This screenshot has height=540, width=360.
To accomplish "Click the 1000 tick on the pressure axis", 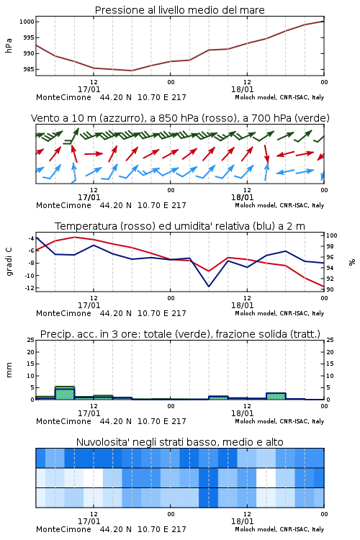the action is [x=27, y=22].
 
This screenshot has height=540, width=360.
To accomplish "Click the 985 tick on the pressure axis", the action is [x=28, y=69].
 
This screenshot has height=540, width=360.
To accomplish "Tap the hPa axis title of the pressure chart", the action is [x=9, y=45].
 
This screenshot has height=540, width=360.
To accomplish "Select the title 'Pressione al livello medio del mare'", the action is [x=180, y=10].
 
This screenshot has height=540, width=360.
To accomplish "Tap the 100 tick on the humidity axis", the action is [x=332, y=235].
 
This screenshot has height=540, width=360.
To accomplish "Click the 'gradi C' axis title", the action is [x=9, y=262].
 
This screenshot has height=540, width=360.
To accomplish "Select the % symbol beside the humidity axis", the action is [x=352, y=262].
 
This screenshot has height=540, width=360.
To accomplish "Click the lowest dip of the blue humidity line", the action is [x=209, y=286].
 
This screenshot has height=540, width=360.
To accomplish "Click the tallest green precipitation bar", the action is [x=65, y=393].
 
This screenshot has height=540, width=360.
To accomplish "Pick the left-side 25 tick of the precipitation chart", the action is [x=31, y=340].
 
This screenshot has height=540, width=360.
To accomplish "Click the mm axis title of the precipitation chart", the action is [x=9, y=370].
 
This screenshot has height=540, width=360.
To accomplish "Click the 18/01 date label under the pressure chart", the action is [x=242, y=89].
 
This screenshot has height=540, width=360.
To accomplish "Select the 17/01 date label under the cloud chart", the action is [x=89, y=521].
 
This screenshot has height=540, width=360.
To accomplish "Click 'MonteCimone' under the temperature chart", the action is [x=64, y=313].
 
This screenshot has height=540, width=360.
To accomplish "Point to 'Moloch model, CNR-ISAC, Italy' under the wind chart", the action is [x=279, y=205].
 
